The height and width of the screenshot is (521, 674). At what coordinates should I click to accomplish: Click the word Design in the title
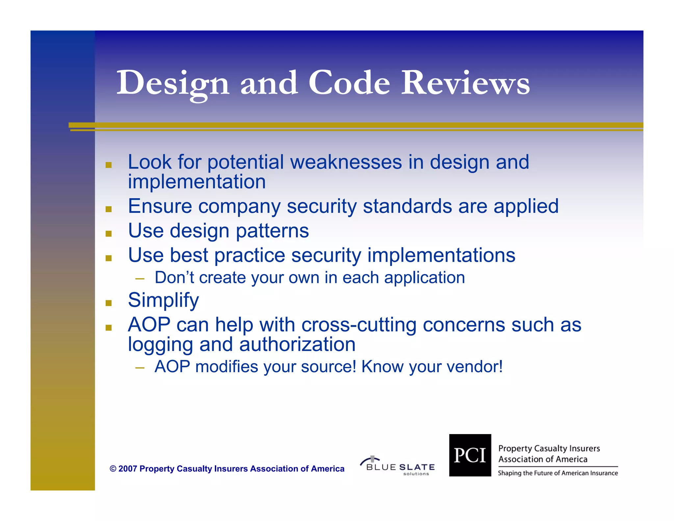tap(172, 83)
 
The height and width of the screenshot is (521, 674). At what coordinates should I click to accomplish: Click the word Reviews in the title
tap(465, 83)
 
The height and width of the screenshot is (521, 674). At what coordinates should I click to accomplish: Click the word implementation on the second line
tap(197, 182)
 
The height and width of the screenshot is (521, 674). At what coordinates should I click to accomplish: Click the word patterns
tap(272, 231)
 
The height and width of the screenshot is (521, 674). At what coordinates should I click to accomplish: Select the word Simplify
tap(163, 300)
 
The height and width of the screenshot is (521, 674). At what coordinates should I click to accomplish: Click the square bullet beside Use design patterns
tap(109, 234)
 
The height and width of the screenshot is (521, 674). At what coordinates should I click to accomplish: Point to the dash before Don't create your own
tap(140, 279)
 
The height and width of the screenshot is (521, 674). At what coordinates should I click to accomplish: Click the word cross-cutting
tap(359, 325)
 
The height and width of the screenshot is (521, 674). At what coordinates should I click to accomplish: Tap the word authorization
tap(297, 345)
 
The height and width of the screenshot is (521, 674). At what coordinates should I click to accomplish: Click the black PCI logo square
tap(470, 455)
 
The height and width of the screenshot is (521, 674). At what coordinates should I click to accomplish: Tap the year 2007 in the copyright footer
tap(127, 469)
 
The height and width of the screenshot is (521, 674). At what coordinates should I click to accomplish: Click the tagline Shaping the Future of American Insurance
tap(557, 473)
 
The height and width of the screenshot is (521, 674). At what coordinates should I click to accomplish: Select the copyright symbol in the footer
tap(113, 469)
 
